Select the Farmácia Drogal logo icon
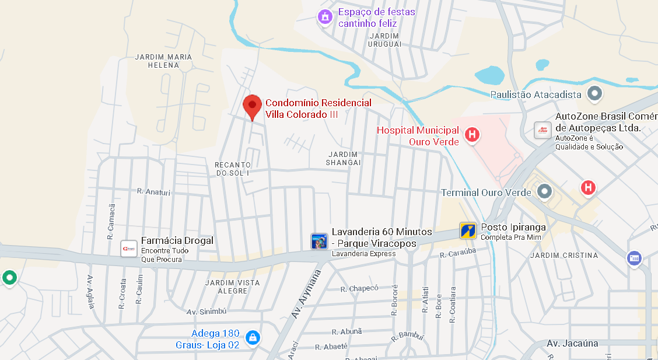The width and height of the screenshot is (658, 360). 128,249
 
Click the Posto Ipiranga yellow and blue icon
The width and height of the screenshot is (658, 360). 468,231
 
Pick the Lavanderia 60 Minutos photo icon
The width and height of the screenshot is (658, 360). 319,242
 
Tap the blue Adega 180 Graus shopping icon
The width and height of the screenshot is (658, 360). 253,337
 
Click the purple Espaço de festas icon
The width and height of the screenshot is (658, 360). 325,18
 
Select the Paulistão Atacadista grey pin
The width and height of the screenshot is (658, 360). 594,93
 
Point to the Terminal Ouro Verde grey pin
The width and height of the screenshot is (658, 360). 545,191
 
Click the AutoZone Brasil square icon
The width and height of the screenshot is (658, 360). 542,130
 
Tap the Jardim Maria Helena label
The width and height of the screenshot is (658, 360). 163,61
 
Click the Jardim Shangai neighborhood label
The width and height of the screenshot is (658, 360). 343,158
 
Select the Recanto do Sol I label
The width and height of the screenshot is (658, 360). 233,169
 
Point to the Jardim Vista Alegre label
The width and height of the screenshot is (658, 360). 232,286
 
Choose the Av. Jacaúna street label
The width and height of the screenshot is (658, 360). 572,343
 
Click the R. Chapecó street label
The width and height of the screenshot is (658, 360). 359,288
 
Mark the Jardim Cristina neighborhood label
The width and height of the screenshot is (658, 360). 564,256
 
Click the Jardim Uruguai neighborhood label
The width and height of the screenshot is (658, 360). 385,40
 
